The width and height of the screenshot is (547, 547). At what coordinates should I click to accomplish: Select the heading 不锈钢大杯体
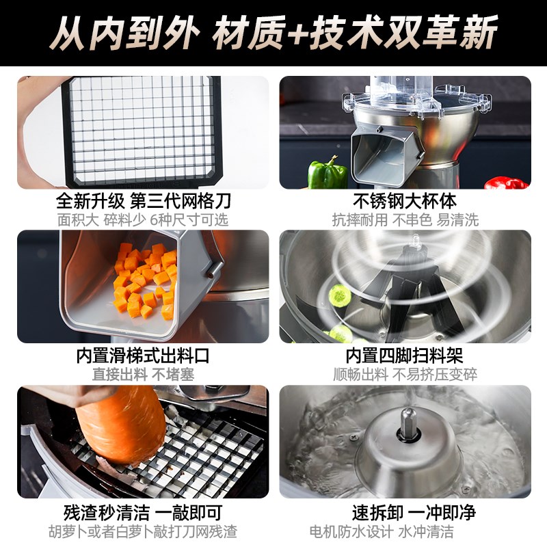coord(405,202)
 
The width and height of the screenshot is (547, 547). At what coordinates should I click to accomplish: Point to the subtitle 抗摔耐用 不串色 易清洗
coord(405,219)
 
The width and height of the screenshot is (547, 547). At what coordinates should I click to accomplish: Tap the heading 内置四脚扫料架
coord(405,357)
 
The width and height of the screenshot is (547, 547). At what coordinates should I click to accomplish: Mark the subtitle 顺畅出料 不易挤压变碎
coord(405,375)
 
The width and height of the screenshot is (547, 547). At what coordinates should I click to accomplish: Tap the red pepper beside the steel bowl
coord(507,183)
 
